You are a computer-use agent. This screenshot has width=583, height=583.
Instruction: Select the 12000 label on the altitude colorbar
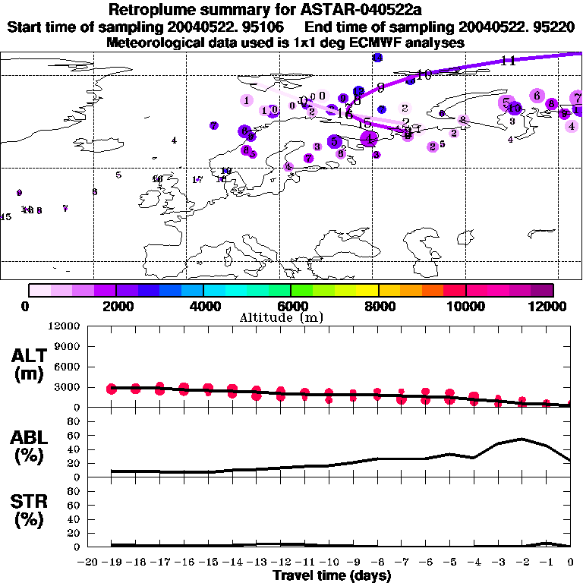coord(550,306)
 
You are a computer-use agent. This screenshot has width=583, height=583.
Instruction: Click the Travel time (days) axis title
coord(332,576)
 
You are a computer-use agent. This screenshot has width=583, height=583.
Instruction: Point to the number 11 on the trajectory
coord(509,60)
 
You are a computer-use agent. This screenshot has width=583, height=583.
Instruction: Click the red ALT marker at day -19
coord(112,389)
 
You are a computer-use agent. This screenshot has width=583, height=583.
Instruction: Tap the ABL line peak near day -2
coord(522,438)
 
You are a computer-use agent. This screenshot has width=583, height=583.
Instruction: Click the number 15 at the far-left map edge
coord(5,217)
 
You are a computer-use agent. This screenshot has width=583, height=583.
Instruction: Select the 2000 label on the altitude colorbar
coord(115,306)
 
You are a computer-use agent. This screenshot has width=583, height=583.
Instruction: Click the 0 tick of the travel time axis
coord(571,562)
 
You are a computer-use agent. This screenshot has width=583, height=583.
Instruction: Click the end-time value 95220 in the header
coord(553,27)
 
